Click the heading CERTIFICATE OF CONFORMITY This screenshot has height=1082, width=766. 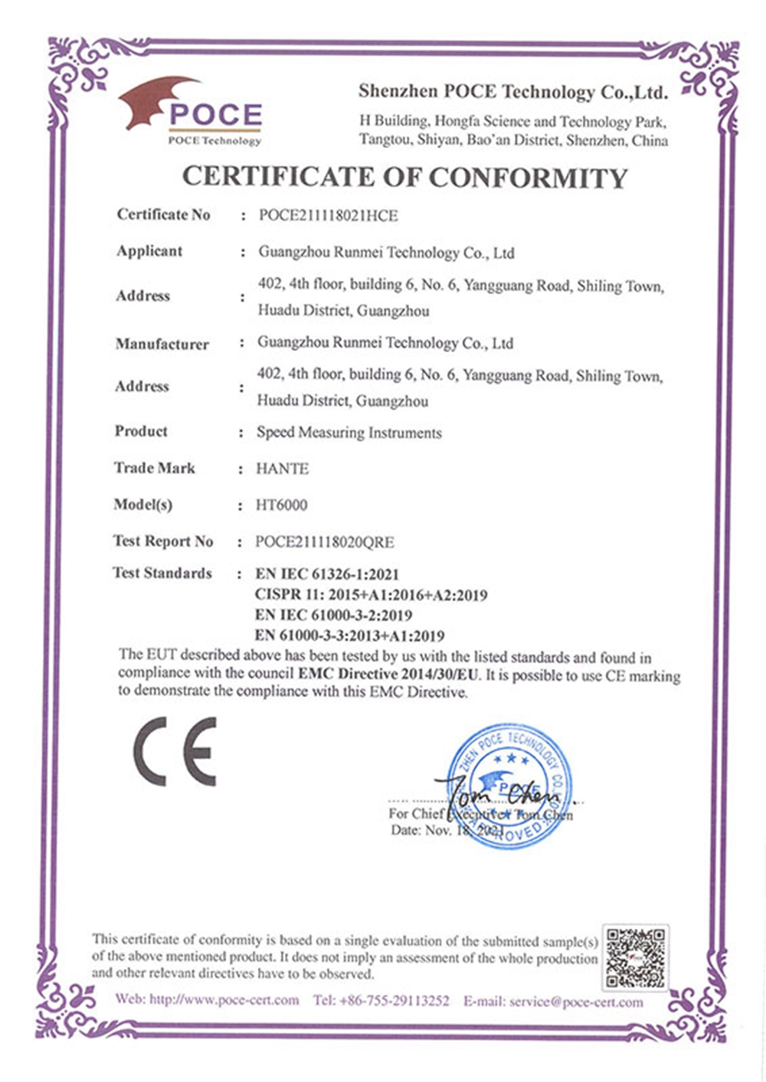tap(404, 177)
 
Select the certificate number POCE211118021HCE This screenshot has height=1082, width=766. tap(328, 216)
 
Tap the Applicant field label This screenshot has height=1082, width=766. tap(149, 251)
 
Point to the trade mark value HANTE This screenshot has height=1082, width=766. tap(282, 469)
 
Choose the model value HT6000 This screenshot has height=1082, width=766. tap(281, 505)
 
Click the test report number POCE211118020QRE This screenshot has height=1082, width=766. tap(325, 542)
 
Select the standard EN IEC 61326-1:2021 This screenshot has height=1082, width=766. tap(327, 574)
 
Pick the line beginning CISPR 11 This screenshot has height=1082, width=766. tap(371, 595)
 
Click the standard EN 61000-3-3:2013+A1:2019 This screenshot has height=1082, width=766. tap(349, 636)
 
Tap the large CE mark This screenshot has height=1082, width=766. tap(175, 751)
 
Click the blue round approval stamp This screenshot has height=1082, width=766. tap(509, 785)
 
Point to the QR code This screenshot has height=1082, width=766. tap(635, 956)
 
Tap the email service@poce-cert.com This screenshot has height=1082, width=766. tap(576, 1002)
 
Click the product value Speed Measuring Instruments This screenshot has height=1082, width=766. tap(349, 433)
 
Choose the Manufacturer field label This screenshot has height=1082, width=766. tap(162, 345)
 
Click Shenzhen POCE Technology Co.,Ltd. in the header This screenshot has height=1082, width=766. tap(512, 93)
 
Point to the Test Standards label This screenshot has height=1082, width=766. tap(162, 573)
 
